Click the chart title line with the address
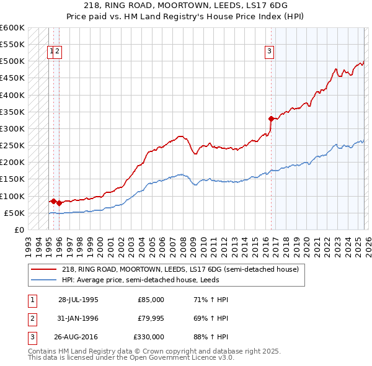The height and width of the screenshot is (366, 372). pyautogui.click(x=186, y=6)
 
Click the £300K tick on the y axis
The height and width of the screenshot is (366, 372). pyautogui.click(x=12, y=129)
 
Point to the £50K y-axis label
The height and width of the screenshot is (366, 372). pyautogui.click(x=14, y=213)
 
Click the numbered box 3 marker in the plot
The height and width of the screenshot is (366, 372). pyautogui.click(x=270, y=52)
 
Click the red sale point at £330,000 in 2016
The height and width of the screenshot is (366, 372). pyautogui.click(x=271, y=118)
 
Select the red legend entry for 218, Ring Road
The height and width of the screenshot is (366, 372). pyautogui.click(x=180, y=269)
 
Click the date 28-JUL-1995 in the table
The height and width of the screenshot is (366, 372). pyautogui.click(x=78, y=300)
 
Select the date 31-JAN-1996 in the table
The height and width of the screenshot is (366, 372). pyautogui.click(x=78, y=318)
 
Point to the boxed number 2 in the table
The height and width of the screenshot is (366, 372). pyautogui.click(x=31, y=318)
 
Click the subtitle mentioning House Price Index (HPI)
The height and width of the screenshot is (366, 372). pyautogui.click(x=186, y=17)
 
